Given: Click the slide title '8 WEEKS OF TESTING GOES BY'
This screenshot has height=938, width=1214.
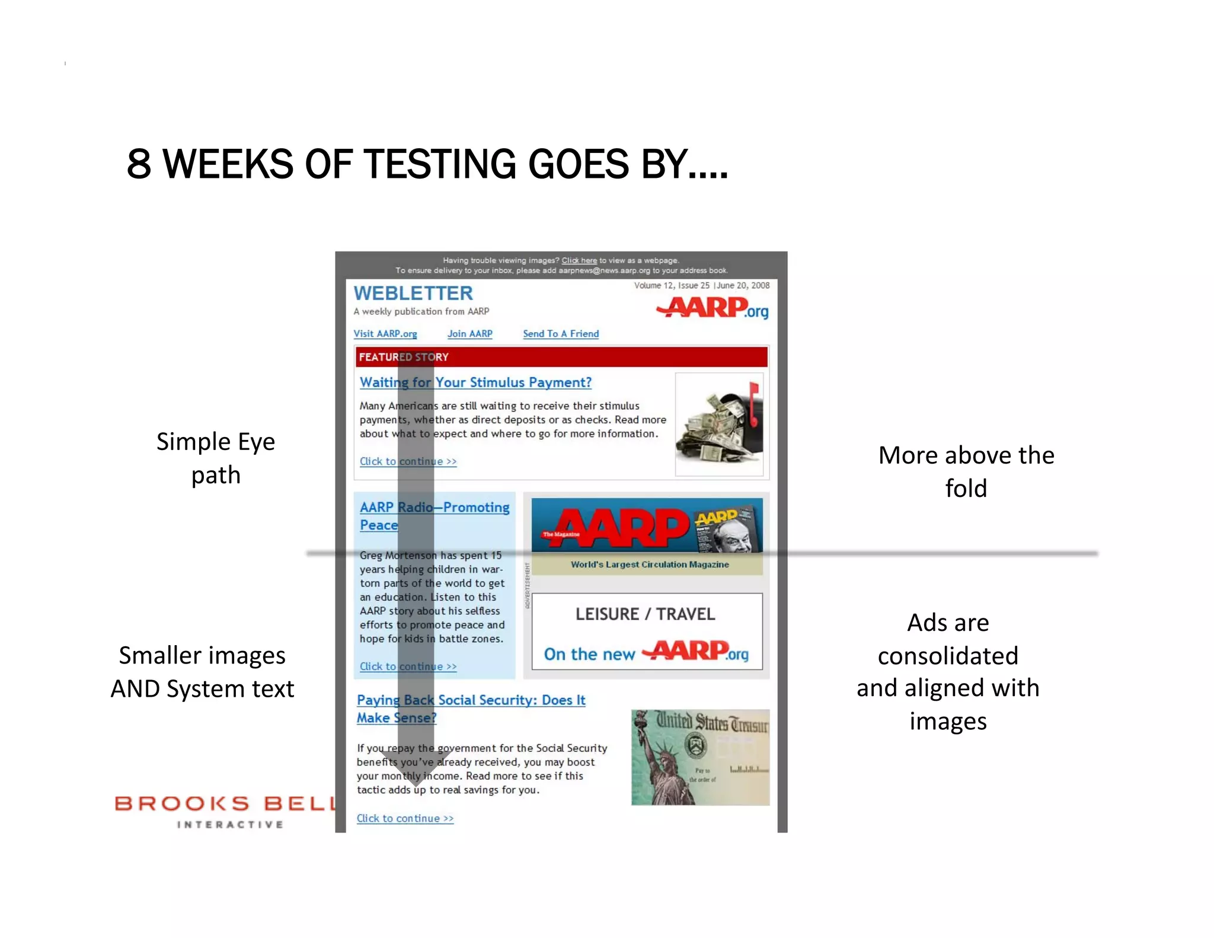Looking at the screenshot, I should pos(427,164).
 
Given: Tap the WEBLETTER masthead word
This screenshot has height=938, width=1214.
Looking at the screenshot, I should pos(413,293).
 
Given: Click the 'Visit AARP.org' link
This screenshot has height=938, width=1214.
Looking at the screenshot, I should pos(385,334).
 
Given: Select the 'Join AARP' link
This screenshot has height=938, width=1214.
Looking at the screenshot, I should pos(469,334).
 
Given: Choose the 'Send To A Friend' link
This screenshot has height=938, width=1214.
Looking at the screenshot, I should pos(561,334).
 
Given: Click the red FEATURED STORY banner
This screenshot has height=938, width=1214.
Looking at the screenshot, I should pos(561,357).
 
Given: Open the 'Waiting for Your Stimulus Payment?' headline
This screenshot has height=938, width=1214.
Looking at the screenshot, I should pos(475,382).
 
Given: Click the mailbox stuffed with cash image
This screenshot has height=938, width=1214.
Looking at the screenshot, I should pos(719,425).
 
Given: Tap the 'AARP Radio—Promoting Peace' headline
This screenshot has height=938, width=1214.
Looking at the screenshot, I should pos(434,516).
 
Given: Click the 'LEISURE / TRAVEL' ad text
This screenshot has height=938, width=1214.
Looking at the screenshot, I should pos(646,614).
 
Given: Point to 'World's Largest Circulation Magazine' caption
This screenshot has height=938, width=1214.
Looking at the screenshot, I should pos(650,564).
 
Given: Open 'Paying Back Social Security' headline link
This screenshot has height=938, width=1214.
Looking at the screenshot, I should pos(471,709).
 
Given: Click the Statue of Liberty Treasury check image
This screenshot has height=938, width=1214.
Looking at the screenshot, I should pos(700,757).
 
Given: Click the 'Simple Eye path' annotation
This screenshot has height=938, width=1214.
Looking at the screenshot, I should pos(216,458).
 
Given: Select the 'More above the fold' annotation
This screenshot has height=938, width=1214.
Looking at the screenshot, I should pos(966,471).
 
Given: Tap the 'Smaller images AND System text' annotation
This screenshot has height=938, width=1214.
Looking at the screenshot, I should pos(202,672).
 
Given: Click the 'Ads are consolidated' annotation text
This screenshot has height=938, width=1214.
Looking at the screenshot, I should pos(948,672).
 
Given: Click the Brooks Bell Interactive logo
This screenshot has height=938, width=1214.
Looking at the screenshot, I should pos(225,811).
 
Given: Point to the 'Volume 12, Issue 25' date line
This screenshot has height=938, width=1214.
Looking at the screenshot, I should pos(701,285).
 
